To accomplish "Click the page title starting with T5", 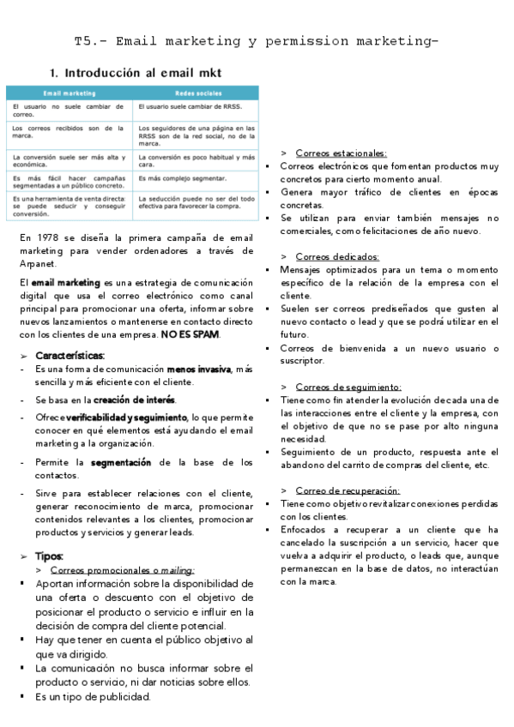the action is tap(257, 41).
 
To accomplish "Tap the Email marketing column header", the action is tap(70, 93).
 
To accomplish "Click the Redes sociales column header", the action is tap(197, 93).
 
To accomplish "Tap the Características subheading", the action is tap(70, 355).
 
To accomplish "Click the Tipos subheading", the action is tap(50, 556).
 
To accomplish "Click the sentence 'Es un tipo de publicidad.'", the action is tap(94, 696).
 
